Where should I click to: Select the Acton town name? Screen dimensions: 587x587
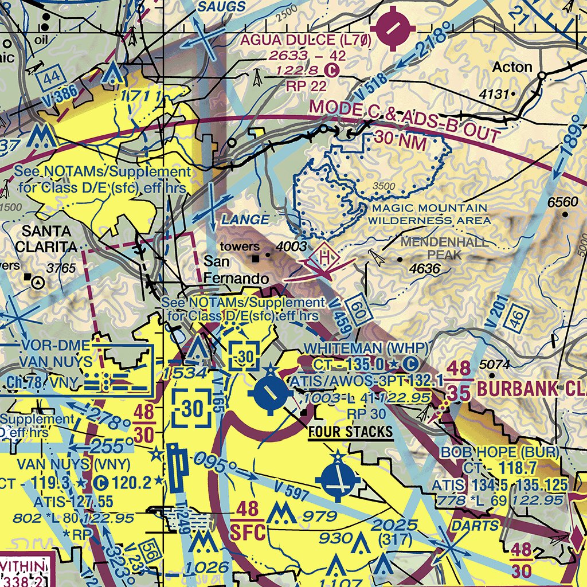(512, 67)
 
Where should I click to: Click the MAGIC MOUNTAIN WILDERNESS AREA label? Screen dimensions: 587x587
(429, 214)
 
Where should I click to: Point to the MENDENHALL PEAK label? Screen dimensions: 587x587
(445, 248)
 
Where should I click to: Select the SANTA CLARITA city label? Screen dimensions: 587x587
(46, 239)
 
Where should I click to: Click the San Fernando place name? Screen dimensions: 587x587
(236, 270)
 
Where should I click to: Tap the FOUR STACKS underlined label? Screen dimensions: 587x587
(350, 432)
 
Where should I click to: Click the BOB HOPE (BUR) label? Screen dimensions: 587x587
(499, 452)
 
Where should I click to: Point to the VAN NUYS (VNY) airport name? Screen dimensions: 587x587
(73, 463)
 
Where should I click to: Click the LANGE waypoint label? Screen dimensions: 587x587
(245, 220)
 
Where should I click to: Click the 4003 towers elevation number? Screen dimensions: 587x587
(290, 247)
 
